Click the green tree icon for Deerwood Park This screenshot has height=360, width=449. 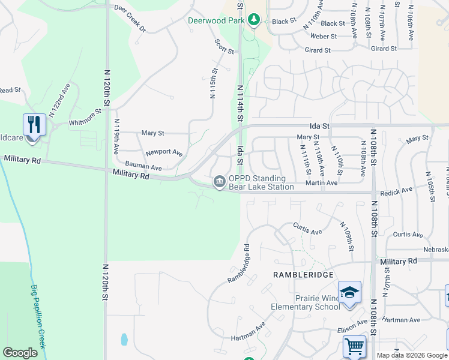(254, 20)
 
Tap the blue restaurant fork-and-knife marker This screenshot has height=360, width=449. (34, 125)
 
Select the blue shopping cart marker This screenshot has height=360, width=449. (354, 347)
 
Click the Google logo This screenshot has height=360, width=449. (20, 353)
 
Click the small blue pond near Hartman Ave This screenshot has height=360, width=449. (124, 340)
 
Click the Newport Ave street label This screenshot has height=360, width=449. (164, 152)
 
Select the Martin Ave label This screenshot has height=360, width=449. (321, 182)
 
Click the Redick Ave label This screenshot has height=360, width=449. (399, 190)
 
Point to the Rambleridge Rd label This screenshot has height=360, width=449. (238, 263)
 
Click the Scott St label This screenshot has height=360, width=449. (224, 46)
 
